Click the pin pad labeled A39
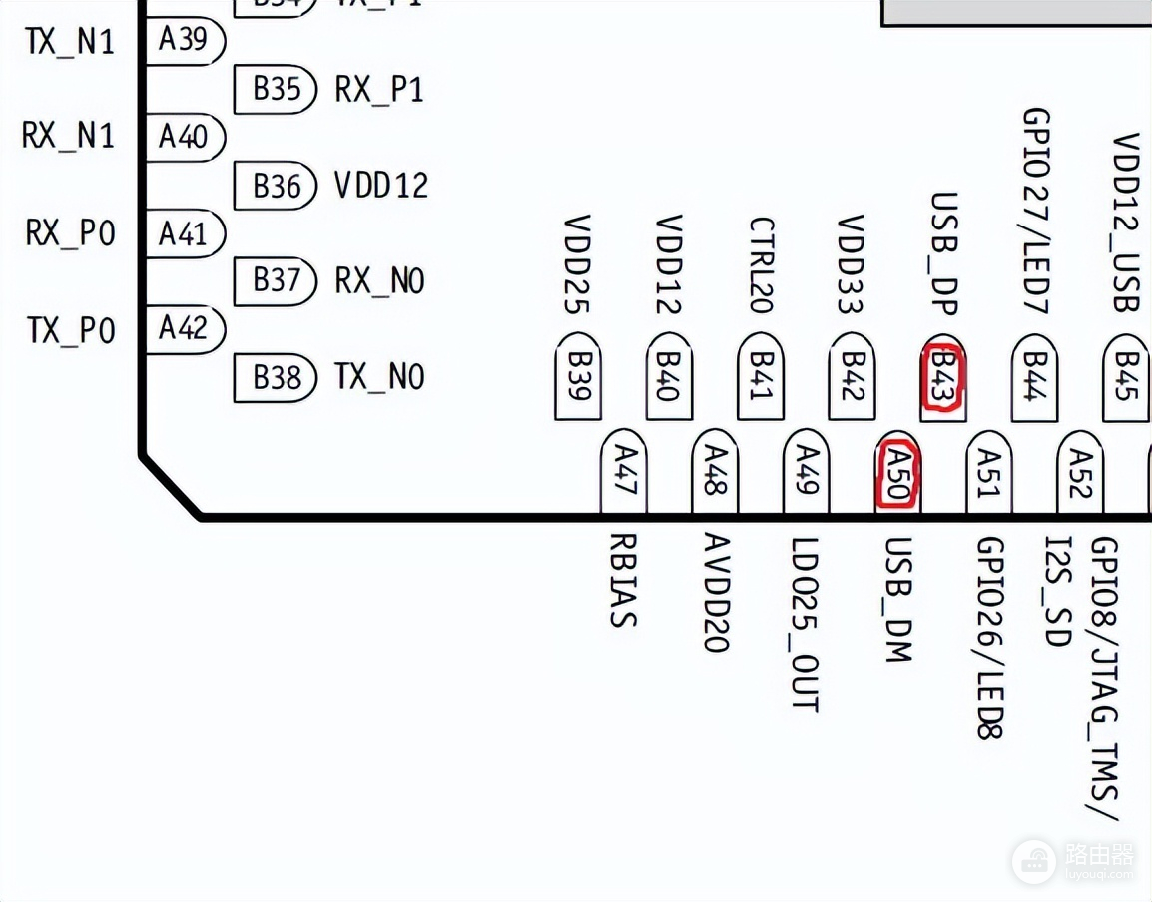[185, 40]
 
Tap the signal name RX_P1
[379, 90]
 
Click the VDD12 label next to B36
[380, 186]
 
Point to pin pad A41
[185, 233]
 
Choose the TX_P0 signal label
[71, 330]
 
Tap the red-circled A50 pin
[897, 473]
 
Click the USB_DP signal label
[943, 253]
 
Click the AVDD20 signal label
[714, 593]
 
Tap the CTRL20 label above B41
[761, 265]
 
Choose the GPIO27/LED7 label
[1035, 210]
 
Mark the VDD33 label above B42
[852, 264]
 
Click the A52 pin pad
[1080, 473]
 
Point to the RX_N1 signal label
[69, 136]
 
